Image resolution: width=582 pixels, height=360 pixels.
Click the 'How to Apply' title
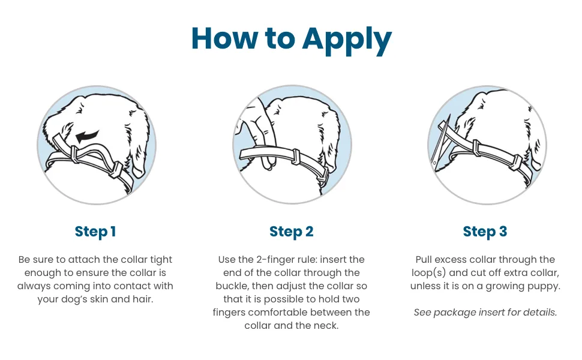click(292, 39)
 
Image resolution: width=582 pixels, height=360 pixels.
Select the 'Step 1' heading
click(95, 232)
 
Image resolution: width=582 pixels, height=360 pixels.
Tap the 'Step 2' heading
click(292, 232)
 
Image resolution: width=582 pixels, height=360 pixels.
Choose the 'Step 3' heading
click(485, 232)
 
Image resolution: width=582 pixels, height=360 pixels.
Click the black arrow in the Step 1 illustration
click(87, 136)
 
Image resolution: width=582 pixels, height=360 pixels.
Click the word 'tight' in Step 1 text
click(161, 260)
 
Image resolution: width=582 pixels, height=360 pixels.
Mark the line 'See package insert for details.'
click(485, 313)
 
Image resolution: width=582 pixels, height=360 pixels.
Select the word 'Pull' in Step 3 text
click(424, 260)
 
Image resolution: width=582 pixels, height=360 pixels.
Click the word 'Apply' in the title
click(347, 40)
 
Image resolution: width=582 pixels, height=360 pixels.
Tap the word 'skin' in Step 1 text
click(99, 299)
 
